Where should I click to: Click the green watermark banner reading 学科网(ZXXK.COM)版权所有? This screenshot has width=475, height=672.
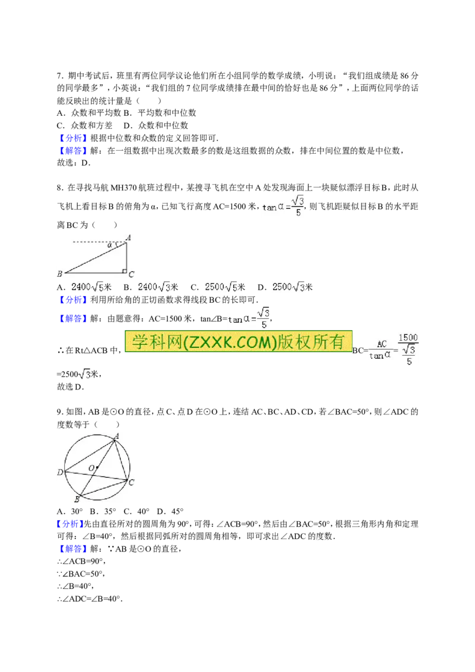(x=238, y=341)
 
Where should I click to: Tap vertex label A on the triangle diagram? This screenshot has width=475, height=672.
(x=128, y=237)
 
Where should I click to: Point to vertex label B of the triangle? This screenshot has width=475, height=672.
(x=59, y=274)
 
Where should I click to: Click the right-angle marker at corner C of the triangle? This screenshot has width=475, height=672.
(x=124, y=271)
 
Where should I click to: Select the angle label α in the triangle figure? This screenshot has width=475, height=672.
(x=110, y=246)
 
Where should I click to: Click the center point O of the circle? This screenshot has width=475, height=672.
(x=97, y=467)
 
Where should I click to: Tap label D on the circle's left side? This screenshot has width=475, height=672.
(x=59, y=473)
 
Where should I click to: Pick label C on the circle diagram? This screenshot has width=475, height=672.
(x=131, y=483)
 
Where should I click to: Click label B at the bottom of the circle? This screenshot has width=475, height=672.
(x=77, y=499)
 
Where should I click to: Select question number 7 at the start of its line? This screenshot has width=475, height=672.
(x=61, y=76)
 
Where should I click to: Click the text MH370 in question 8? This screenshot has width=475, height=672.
(x=123, y=188)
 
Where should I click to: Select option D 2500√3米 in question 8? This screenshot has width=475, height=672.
(x=285, y=287)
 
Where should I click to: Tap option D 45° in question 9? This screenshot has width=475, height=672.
(x=170, y=511)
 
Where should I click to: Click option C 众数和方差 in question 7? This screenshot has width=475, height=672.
(x=84, y=126)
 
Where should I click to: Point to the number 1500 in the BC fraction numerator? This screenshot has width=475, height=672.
(x=408, y=338)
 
